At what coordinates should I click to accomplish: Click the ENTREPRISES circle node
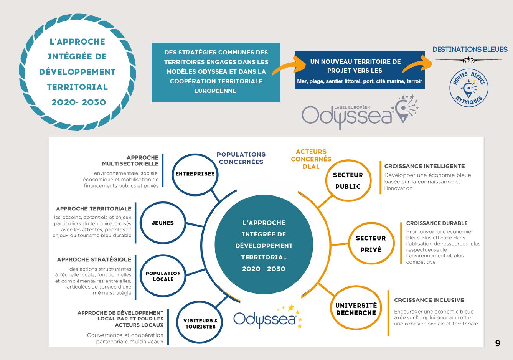(195, 174)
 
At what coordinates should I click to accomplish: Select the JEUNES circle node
(163, 223)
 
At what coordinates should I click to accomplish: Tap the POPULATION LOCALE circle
(163, 276)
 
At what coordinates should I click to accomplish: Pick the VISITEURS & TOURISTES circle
(200, 324)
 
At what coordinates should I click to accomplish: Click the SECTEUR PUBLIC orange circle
(348, 180)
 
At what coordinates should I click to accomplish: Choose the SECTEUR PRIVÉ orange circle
(371, 244)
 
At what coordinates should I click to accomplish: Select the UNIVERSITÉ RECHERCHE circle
(356, 309)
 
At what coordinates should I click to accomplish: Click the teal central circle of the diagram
(264, 245)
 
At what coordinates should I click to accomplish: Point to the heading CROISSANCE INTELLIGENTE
(424, 166)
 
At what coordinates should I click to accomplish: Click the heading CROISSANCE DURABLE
(437, 223)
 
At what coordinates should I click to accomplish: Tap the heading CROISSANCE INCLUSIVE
(429, 300)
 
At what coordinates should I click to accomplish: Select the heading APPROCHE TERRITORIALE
(94, 209)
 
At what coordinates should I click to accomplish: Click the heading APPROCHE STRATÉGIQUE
(94, 259)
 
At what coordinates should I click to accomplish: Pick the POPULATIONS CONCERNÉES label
(241, 158)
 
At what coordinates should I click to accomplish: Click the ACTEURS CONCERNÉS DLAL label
(311, 159)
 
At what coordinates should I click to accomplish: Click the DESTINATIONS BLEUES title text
(470, 50)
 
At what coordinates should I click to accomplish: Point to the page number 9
(498, 343)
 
